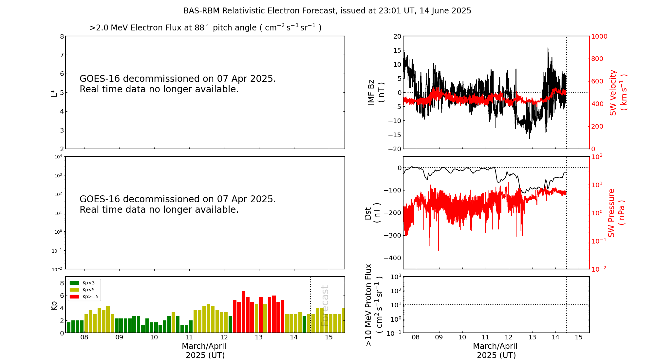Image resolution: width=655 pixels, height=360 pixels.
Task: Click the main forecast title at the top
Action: [327, 11]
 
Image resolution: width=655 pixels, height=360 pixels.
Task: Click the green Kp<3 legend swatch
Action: [74, 283]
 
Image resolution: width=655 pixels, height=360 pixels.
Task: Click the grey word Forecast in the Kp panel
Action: [325, 306]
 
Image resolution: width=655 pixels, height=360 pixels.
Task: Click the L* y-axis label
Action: [54, 93]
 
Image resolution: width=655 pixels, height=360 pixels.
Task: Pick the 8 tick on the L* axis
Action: [62, 36]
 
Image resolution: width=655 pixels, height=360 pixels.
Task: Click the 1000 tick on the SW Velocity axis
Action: [599, 36]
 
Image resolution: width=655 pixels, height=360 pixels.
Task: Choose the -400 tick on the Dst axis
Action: [395, 258]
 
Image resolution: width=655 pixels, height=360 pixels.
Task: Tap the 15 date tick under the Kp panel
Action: [329, 337]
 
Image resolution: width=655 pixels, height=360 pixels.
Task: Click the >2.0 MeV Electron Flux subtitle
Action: [205, 28]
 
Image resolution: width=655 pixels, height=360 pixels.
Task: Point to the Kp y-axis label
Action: [54, 305]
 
